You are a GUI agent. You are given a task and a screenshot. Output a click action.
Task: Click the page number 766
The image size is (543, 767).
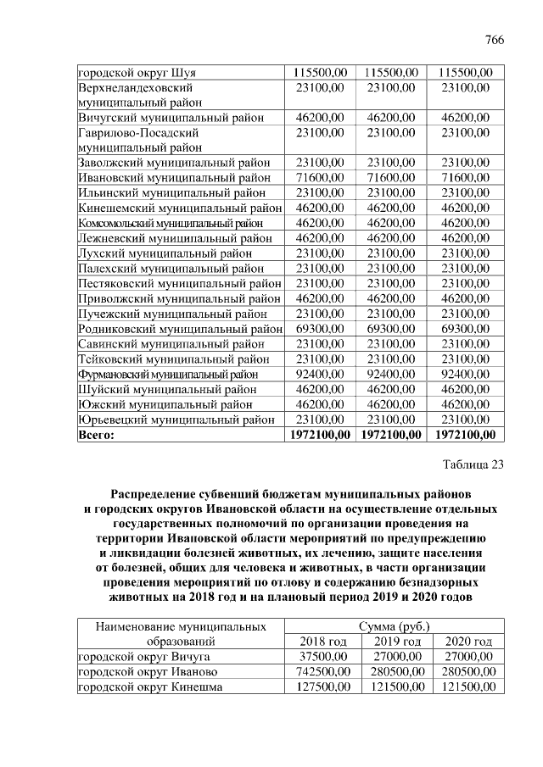(494, 41)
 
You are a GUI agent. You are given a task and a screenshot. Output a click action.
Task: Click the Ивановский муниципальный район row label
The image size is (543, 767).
(174, 177)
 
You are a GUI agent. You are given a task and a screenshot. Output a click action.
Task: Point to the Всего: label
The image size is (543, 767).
(97, 435)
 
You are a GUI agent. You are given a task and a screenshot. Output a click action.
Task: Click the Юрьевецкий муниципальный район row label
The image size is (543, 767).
(176, 420)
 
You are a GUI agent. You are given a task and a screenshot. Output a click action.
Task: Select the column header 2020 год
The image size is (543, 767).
(467, 642)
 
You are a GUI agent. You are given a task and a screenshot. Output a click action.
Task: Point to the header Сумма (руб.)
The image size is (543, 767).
(394, 627)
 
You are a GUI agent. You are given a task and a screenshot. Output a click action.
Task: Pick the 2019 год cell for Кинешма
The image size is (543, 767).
(393, 687)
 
